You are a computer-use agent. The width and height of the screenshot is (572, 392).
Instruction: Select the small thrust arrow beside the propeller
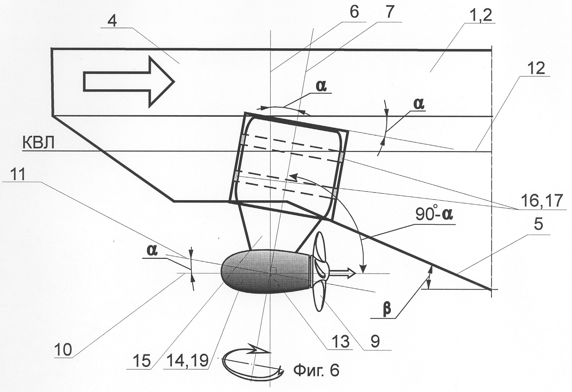[x=343, y=272]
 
